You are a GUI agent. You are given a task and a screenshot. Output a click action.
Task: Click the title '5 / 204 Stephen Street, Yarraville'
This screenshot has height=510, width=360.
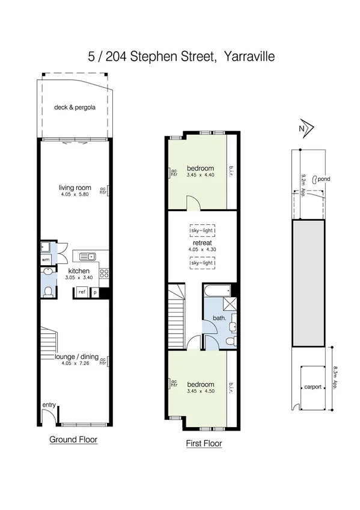[x=180, y=58]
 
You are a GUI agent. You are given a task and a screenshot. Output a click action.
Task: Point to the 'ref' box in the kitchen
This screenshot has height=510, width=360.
[x=81, y=292]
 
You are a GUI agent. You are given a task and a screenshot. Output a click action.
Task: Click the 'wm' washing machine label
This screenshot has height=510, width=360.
[x=46, y=260]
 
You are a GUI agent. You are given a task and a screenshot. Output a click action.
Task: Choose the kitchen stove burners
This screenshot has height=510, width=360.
[x=103, y=276]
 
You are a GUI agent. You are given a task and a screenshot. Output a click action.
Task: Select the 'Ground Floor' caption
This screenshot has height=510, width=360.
[x=73, y=440]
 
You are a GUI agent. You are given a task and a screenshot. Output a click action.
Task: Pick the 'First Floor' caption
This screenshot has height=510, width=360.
[x=203, y=444]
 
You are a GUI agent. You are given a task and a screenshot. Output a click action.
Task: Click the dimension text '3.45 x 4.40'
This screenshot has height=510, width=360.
[x=200, y=174]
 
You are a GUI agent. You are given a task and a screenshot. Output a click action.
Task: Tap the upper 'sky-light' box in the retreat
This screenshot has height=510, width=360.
[x=203, y=230]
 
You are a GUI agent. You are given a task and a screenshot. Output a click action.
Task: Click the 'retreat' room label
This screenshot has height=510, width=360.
[x=203, y=242]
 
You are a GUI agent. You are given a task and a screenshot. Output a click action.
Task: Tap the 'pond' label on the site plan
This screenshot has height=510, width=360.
[x=325, y=179]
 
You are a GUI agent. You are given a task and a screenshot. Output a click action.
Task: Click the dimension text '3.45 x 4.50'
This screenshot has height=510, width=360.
[x=200, y=391]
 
